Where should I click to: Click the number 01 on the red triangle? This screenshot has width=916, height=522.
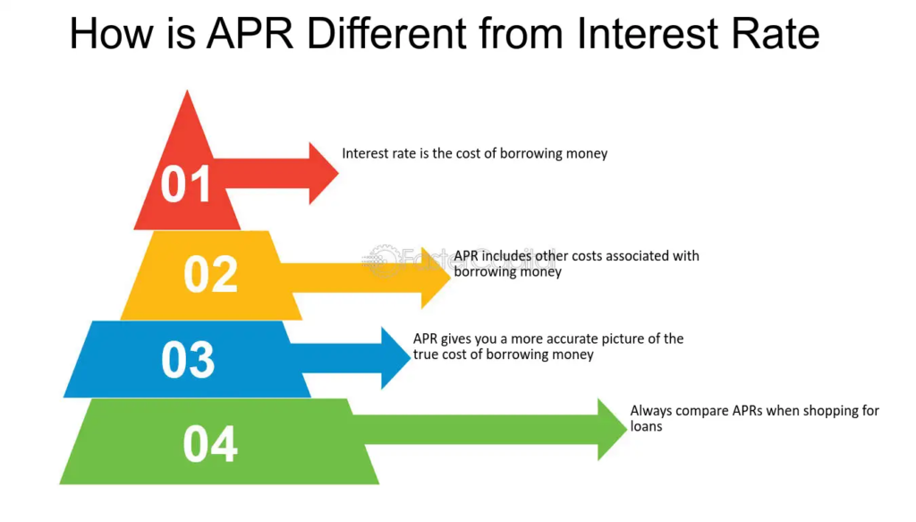coord(186,184)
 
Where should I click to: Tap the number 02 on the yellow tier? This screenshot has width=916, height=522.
coord(211,274)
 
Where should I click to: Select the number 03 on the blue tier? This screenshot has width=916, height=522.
coord(188,359)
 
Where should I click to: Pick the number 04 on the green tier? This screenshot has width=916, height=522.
coord(210,444)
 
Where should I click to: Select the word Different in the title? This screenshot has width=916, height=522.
coord(397,34)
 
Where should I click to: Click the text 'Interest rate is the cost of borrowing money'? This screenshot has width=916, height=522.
coord(474,153)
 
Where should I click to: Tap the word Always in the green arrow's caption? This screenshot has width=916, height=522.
coord(650,411)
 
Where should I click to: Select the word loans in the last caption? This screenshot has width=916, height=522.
coord(646,427)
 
